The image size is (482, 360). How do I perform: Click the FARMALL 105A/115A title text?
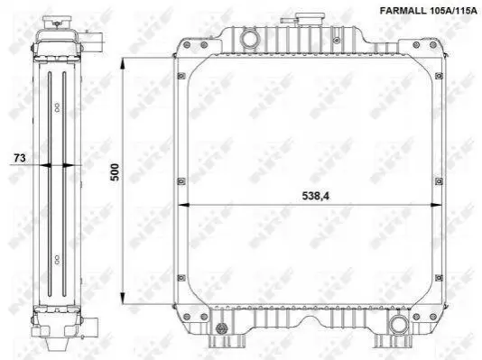coord(428,11)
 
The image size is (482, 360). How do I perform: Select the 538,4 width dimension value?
coord(315,196)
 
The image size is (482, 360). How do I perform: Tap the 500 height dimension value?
coord(115,172)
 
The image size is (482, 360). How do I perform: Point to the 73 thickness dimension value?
coord(20,158)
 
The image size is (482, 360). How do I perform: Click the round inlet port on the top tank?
coord(250,39)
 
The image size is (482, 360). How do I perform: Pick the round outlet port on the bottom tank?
coord(399,326)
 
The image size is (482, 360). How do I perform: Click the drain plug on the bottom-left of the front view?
coord(220,328)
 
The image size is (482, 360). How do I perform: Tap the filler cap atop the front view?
coord(310,19)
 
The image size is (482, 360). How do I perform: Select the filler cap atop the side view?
coord(57,23)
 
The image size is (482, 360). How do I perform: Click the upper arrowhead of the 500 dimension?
coord(123,65)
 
